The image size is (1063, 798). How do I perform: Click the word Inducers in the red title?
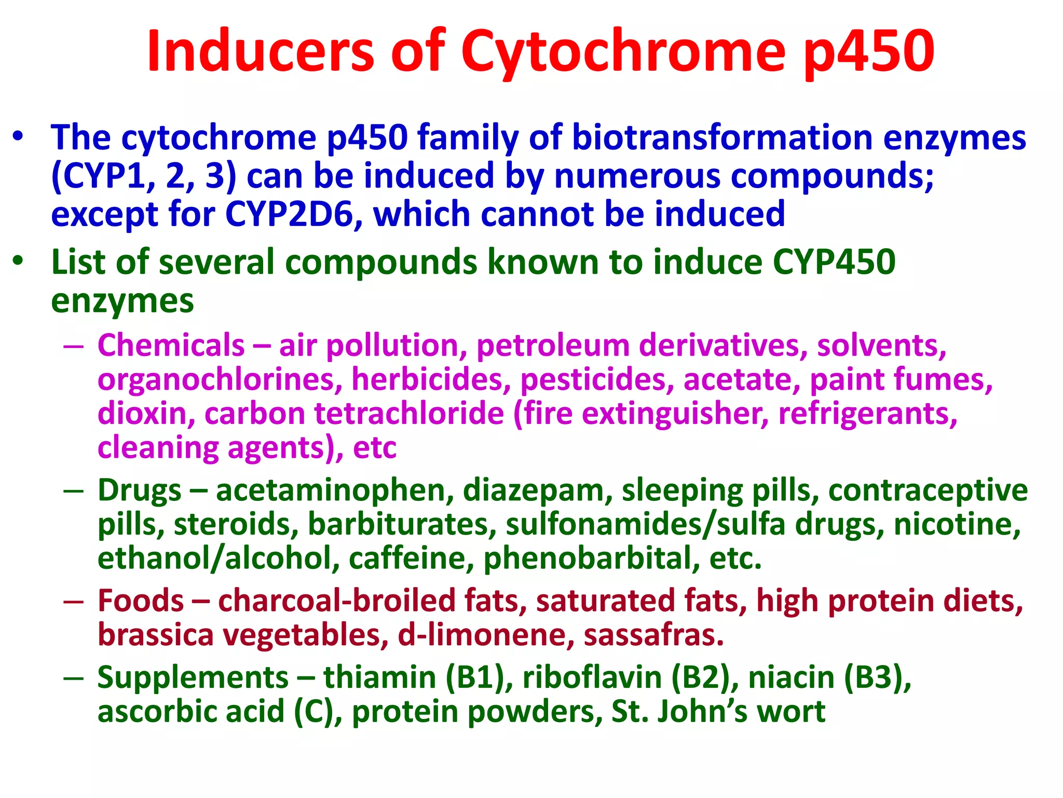click(260, 51)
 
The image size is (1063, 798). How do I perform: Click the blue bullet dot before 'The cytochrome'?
click(19, 137)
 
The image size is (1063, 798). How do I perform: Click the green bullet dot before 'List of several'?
click(19, 261)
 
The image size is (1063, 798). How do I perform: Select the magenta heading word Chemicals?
click(171, 345)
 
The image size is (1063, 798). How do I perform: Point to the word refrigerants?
click(867, 414)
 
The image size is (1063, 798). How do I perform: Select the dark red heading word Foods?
click(141, 601)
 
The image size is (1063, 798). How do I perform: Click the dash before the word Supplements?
click(74, 679)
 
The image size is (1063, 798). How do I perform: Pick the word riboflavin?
click(592, 678)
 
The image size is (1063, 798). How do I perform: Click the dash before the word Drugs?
click(74, 491)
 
